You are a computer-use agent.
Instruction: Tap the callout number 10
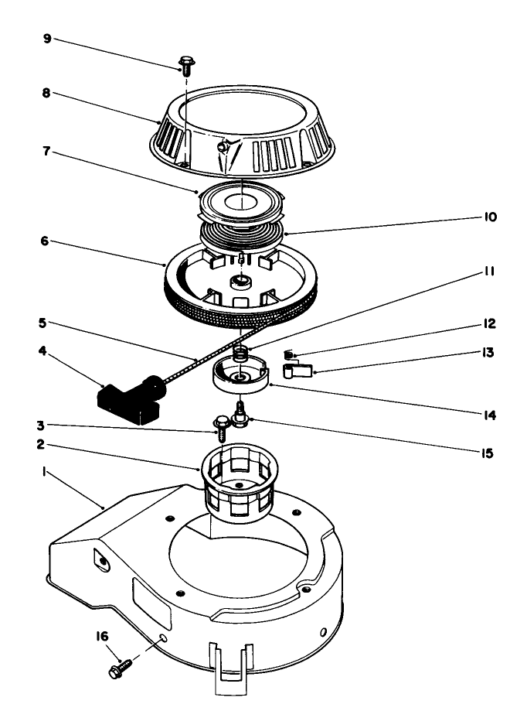[x=490, y=219]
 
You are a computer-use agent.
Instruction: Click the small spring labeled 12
[x=291, y=355]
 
